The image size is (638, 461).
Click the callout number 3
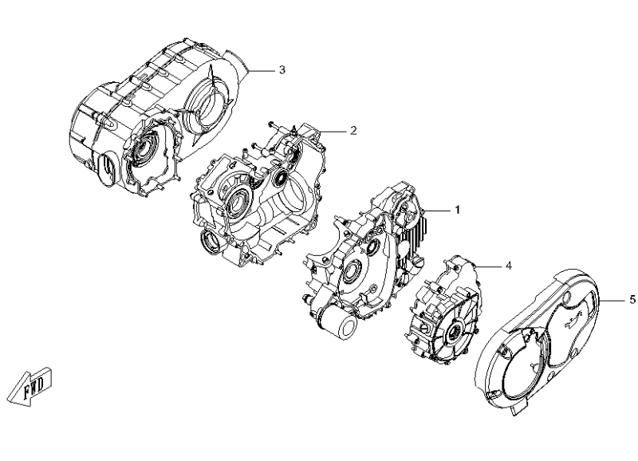click(282, 69)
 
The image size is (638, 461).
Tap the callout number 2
click(352, 128)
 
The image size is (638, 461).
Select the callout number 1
click(458, 209)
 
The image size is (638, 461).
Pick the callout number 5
click(632, 299)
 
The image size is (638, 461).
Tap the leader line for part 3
click(262, 70)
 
